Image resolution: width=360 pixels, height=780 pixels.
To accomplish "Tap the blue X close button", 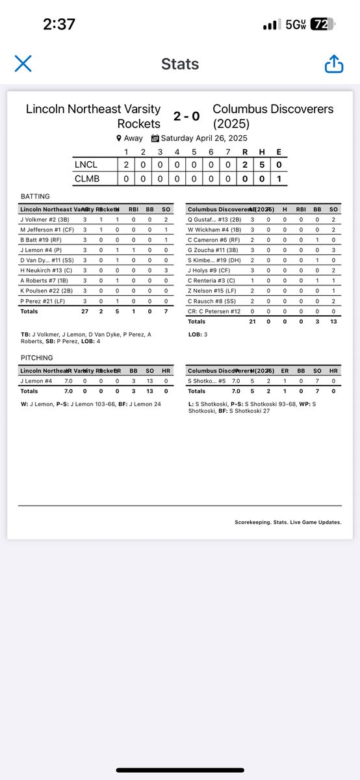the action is click(x=23, y=63).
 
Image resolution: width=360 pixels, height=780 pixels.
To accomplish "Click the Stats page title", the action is click(x=180, y=64).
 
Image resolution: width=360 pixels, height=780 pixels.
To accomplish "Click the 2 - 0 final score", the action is click(x=186, y=116).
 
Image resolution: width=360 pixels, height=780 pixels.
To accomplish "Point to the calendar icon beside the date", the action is click(x=155, y=138).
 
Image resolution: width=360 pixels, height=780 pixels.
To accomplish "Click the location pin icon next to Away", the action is click(x=119, y=138).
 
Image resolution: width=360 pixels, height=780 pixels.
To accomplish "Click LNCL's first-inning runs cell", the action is click(x=127, y=165).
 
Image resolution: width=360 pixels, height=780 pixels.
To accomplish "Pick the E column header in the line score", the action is click(x=279, y=153).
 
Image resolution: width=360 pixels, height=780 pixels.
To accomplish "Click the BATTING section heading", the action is click(x=36, y=196).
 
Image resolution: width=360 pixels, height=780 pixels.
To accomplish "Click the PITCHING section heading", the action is click(x=38, y=357).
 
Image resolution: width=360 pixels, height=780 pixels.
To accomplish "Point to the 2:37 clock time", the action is click(x=59, y=25).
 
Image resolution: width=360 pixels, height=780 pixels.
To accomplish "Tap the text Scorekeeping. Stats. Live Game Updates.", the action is click(x=288, y=522).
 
